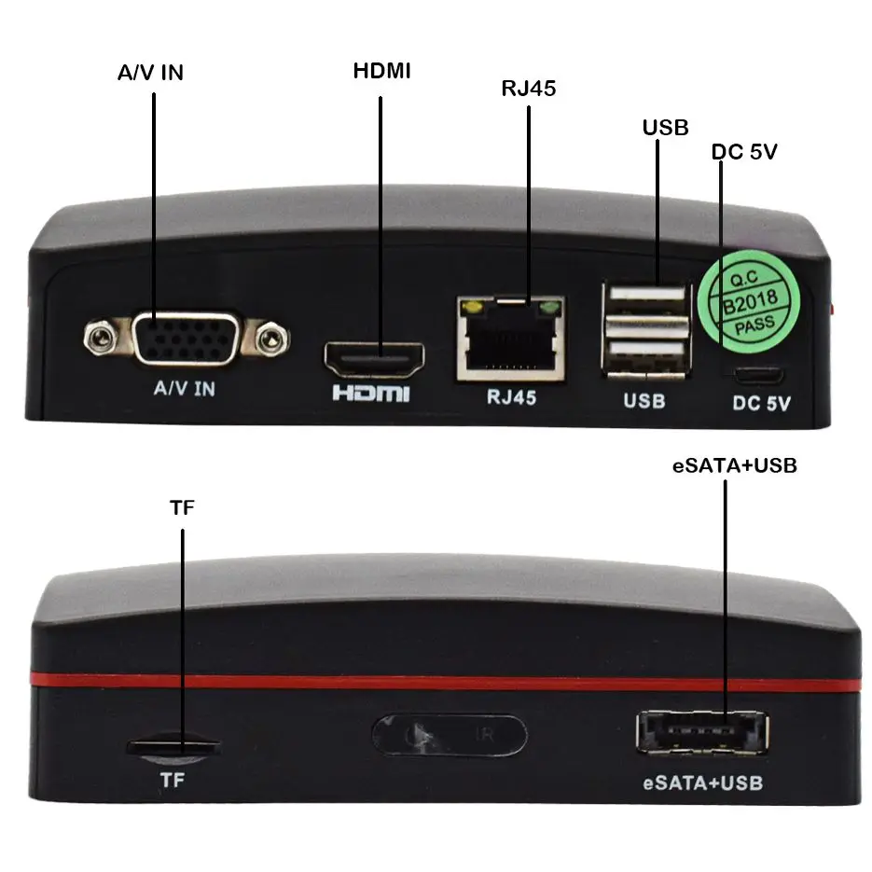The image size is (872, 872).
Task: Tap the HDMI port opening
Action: (374, 356)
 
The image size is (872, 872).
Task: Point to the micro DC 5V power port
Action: (756, 378)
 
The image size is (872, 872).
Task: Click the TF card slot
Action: (173, 746)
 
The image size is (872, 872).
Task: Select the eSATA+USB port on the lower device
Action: (701, 732)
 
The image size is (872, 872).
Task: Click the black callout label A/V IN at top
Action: (150, 72)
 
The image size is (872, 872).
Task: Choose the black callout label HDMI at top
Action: (381, 71)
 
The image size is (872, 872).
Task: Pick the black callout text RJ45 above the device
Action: (529, 88)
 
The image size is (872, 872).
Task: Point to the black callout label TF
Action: (183, 508)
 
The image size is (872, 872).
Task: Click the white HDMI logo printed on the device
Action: (371, 393)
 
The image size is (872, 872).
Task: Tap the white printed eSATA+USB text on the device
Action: (703, 782)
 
